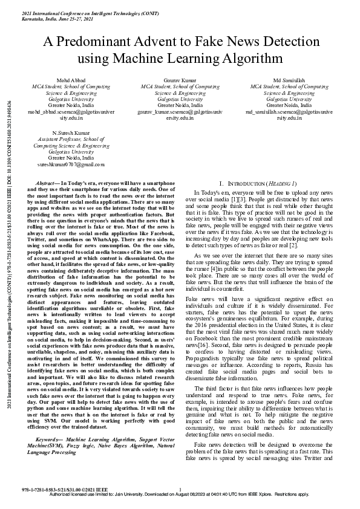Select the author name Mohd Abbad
click(x=59, y=80)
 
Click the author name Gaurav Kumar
click(x=180, y=80)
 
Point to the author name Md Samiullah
click(x=297, y=80)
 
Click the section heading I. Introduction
click(x=258, y=183)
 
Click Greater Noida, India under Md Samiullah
click(x=297, y=105)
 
